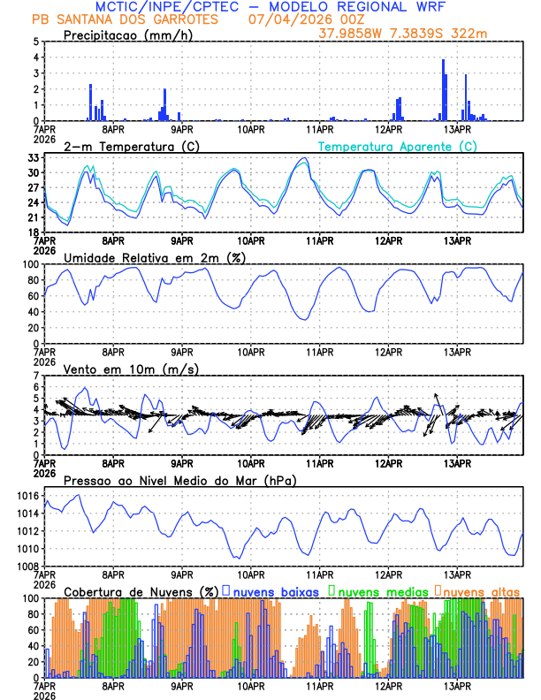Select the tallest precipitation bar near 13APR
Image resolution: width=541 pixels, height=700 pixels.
(444, 89)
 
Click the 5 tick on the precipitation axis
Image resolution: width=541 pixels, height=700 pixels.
(35, 42)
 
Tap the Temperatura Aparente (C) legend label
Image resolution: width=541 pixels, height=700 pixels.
(397, 146)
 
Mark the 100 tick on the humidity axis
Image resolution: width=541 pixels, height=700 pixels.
(30, 264)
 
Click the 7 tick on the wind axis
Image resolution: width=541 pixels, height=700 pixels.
(35, 376)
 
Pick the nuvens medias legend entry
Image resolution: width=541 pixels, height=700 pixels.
(375, 591)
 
